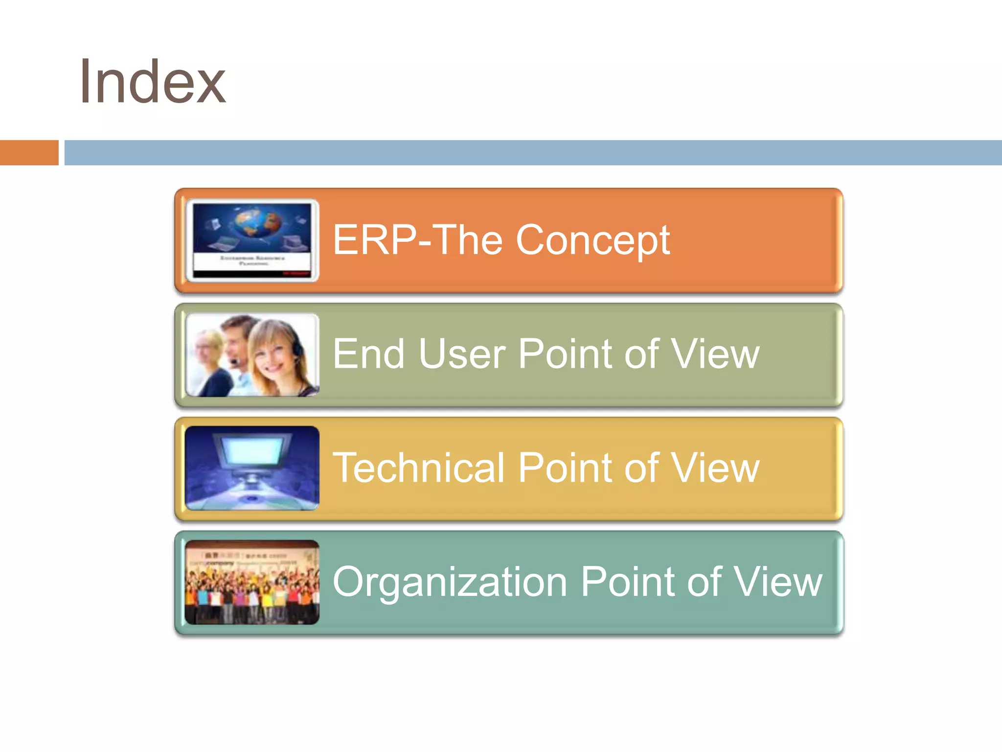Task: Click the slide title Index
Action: point(152,82)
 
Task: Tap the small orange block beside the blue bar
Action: point(29,153)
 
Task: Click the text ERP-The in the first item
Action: point(417,240)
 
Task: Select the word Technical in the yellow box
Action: point(418,468)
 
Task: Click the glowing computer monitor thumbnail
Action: point(252,468)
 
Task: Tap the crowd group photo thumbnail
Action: point(252,583)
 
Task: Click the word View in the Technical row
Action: point(715,468)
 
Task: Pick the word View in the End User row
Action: point(715,354)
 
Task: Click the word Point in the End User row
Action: point(565,354)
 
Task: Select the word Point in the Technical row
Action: point(565,468)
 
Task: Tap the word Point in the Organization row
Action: point(627,582)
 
